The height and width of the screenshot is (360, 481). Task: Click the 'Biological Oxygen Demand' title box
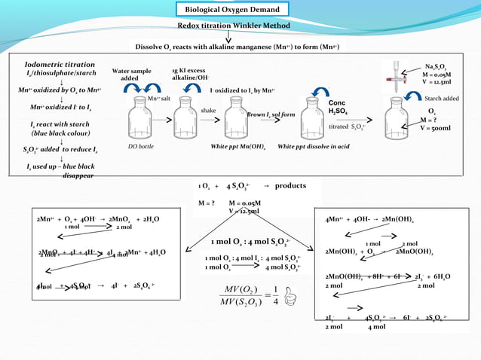click(237, 10)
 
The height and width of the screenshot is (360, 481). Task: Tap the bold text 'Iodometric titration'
click(60, 65)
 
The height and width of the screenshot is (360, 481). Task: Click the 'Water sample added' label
click(131, 74)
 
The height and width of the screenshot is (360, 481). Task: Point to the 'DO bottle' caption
click(140, 147)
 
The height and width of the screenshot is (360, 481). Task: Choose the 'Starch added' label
click(442, 98)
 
